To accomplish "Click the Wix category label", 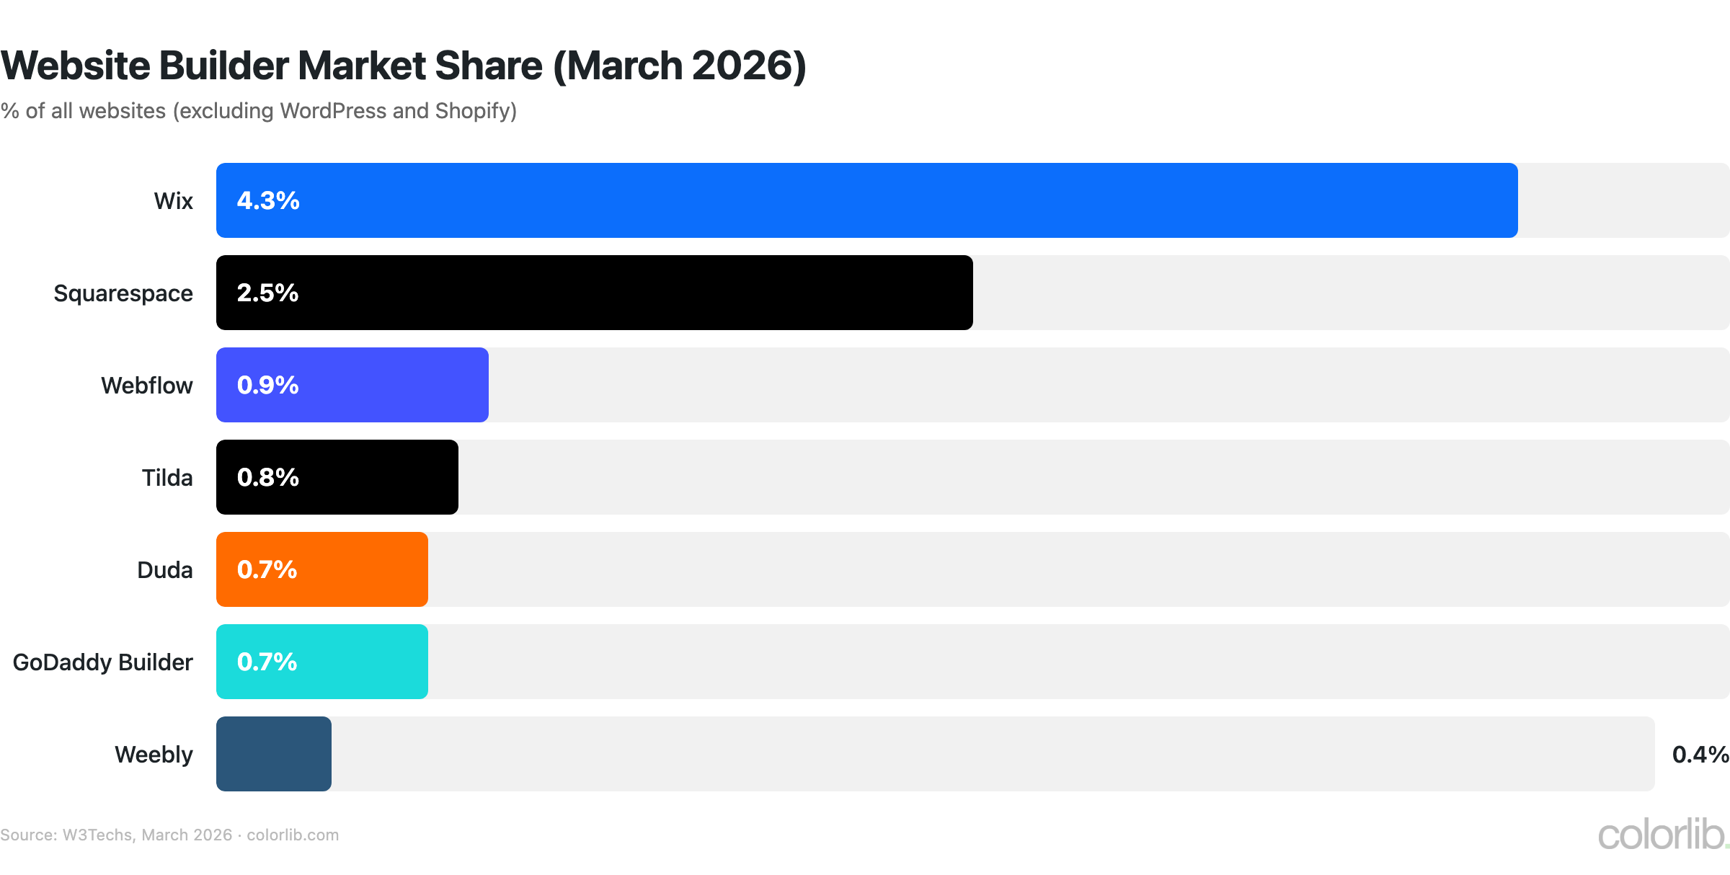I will coord(173,200).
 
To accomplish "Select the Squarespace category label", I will coord(123,293).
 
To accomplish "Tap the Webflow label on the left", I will coord(147,386).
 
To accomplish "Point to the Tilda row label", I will coord(167,478).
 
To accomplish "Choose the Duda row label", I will coord(165,570).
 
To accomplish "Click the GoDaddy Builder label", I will coord(103,662).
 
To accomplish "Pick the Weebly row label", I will coord(154,755).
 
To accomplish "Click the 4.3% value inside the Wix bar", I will coord(268,200).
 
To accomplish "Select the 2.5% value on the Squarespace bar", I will coord(267,293).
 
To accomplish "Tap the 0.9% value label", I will coord(267,385).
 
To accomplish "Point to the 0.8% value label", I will coord(267,477).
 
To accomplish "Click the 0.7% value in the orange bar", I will coord(267,569).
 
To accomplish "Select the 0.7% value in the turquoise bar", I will coord(267,662).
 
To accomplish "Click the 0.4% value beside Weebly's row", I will coord(1700,755).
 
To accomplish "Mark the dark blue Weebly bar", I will coord(274,754).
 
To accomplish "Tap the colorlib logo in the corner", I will coord(1662,835).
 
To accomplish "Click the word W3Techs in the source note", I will coord(97,835).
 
